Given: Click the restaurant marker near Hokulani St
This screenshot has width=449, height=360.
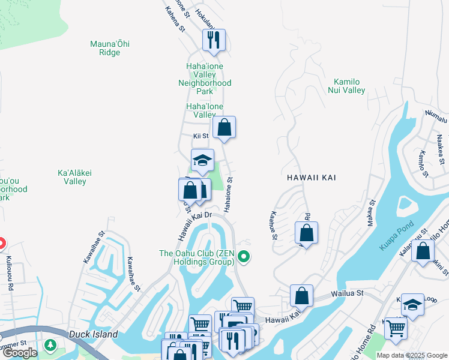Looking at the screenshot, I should click(x=214, y=41).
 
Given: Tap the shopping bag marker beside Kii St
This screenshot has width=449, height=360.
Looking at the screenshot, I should click(x=224, y=128).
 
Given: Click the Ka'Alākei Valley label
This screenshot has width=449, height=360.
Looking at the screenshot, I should click(x=75, y=177).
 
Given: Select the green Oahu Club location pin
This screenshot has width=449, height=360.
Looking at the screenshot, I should click(x=243, y=257).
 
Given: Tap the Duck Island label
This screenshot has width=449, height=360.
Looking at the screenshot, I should click(x=93, y=334).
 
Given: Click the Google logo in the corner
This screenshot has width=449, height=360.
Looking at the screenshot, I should click(x=20, y=353).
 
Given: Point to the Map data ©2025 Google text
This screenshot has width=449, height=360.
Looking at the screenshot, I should click(x=412, y=355).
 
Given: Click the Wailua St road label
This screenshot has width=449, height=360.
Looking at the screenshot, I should click(x=348, y=294).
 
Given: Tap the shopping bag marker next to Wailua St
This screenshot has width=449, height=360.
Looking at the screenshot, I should click(x=302, y=296).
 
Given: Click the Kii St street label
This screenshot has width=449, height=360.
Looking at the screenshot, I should click(x=200, y=136).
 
